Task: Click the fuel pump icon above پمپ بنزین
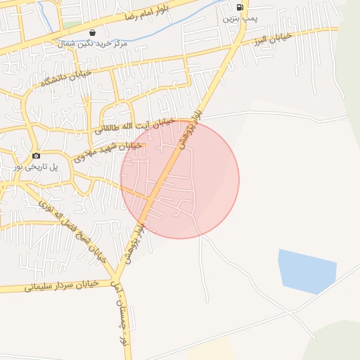pyautogui.click(x=240, y=8)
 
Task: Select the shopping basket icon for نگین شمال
pyautogui.click(x=93, y=32)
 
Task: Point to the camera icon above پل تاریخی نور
pyautogui.click(x=37, y=155)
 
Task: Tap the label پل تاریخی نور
pyautogui.click(x=37, y=166)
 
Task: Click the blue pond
pyautogui.click(x=306, y=271)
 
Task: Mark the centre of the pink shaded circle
pyautogui.click(x=180, y=179)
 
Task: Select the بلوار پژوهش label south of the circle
pyautogui.click(x=134, y=243)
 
